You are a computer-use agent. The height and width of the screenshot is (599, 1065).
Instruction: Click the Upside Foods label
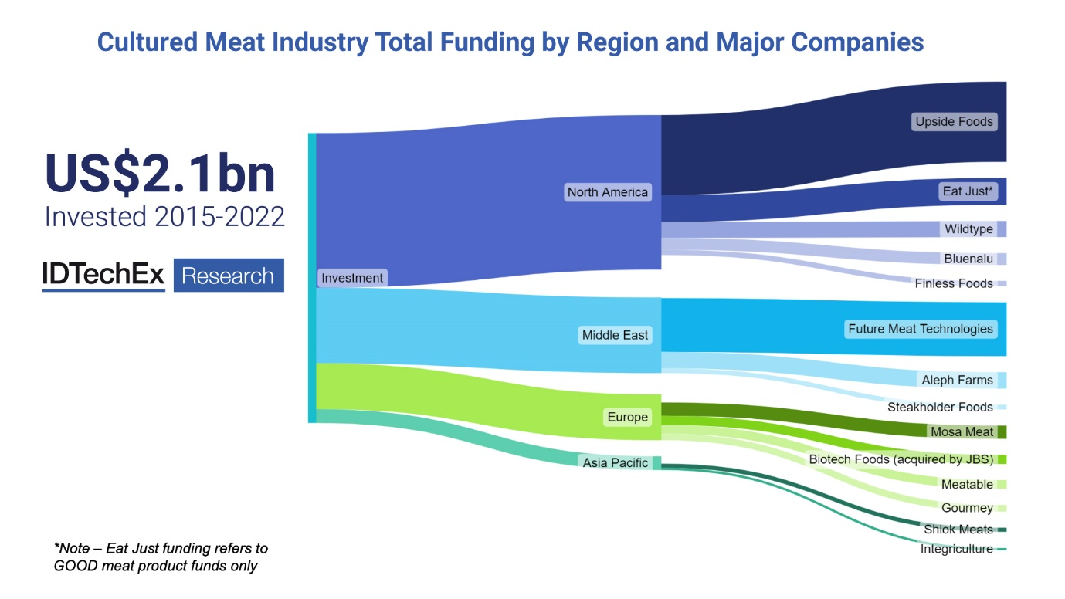(954, 122)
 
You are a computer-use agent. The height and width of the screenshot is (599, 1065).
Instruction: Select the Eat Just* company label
(968, 191)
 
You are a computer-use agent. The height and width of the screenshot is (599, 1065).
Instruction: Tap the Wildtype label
(968, 229)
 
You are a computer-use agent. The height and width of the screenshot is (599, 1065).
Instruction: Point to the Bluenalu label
(968, 259)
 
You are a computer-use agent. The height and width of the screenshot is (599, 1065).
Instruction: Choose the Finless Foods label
(954, 283)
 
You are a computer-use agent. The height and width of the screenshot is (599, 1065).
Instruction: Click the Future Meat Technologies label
(920, 329)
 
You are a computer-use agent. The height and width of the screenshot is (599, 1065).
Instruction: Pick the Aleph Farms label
(957, 380)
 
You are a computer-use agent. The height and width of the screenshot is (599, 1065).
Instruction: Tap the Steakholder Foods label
(940, 407)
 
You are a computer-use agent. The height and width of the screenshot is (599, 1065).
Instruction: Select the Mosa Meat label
(962, 431)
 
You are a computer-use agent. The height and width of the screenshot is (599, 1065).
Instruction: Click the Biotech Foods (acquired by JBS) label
(901, 459)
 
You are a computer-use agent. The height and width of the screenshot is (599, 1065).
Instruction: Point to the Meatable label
(967, 485)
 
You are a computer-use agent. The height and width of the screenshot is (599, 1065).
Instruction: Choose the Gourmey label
(967, 508)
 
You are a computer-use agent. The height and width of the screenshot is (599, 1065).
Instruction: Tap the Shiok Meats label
(958, 530)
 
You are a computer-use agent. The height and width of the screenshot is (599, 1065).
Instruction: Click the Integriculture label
(956, 549)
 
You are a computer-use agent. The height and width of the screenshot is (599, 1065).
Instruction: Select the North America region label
(607, 192)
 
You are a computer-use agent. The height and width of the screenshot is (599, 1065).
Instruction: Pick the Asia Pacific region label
(616, 463)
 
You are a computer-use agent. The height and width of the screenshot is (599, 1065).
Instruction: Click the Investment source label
(352, 278)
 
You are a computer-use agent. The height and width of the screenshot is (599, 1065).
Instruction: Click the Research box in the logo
(229, 276)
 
